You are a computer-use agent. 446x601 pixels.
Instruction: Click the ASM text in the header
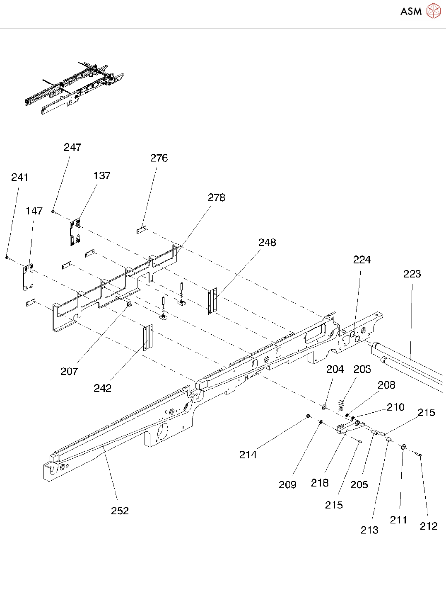(411, 11)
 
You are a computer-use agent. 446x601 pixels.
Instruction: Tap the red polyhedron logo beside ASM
(433, 11)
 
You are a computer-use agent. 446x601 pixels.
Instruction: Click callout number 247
(72, 147)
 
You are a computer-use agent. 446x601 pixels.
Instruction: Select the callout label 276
(159, 158)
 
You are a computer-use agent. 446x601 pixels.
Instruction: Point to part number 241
(20, 177)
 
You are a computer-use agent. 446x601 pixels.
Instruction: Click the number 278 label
(217, 197)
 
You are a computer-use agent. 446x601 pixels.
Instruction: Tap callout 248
(268, 243)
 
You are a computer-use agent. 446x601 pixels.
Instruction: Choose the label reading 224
(362, 260)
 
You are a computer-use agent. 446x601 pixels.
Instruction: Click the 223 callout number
(412, 274)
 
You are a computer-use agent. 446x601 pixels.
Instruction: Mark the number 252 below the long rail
(120, 511)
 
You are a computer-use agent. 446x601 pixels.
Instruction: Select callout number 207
(69, 371)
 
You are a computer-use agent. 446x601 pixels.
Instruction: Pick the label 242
(103, 388)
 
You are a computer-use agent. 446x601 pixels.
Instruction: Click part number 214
(248, 455)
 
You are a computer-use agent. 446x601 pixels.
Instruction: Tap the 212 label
(429, 526)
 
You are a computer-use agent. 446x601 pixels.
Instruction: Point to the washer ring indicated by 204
(324, 407)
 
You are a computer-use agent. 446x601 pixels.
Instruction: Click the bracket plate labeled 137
(75, 232)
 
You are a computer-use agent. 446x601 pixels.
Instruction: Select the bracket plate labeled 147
(28, 277)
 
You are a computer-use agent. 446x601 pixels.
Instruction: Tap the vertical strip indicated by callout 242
(148, 338)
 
